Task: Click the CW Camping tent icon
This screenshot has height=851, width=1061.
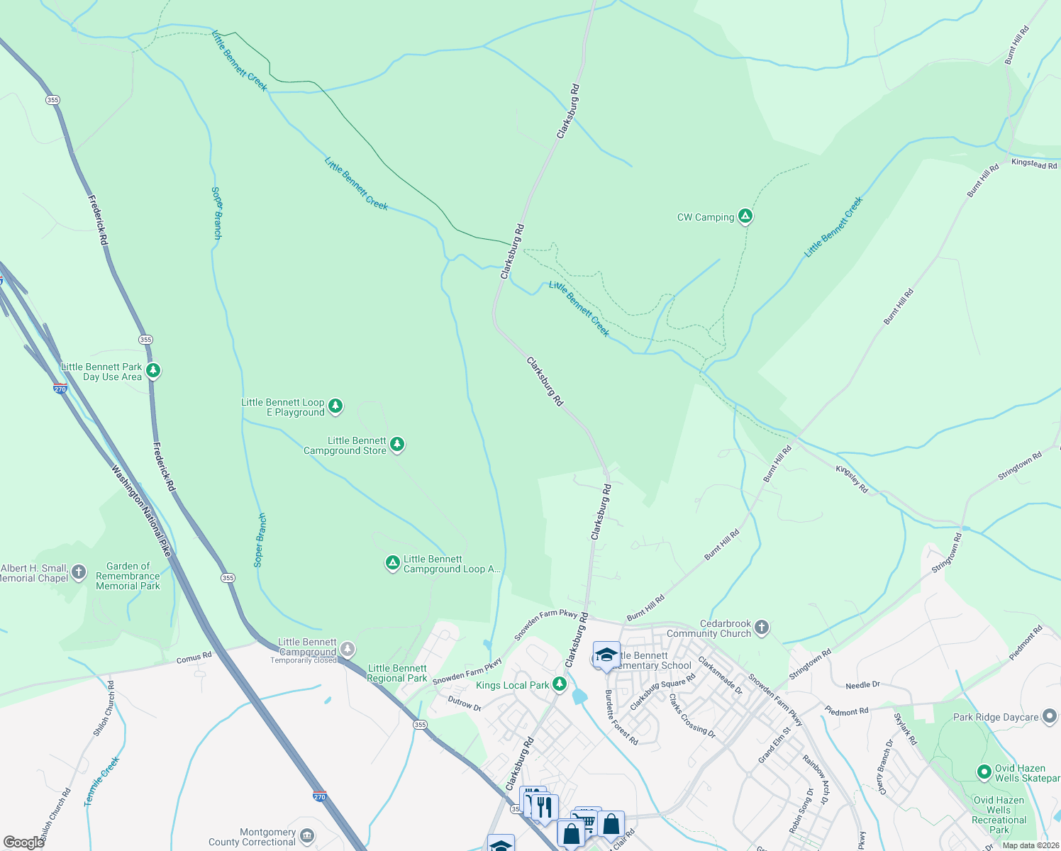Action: (x=745, y=216)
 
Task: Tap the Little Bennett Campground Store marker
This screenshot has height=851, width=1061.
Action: (x=397, y=444)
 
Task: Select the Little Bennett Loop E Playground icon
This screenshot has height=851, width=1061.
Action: (x=335, y=406)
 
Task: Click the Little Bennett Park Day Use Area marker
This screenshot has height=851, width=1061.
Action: (x=152, y=370)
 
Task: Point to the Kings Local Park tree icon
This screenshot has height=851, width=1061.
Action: (x=560, y=684)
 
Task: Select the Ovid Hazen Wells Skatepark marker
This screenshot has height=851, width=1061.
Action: (x=984, y=772)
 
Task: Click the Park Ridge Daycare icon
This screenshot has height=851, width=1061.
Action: (x=1050, y=716)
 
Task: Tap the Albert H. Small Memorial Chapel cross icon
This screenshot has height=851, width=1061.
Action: (x=79, y=572)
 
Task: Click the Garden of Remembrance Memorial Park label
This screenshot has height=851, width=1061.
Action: (x=128, y=576)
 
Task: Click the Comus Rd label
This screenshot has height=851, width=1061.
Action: (x=194, y=658)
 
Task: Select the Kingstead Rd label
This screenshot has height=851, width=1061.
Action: (x=1034, y=164)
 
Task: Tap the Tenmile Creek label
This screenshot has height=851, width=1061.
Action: (x=102, y=781)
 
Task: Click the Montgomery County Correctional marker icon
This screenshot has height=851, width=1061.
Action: (x=306, y=835)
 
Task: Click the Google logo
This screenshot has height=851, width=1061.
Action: (x=23, y=842)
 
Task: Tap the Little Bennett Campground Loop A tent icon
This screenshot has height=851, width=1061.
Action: (x=392, y=563)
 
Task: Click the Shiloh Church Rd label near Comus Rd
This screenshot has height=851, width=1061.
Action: (x=104, y=708)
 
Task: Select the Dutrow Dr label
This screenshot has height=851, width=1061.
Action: (x=465, y=703)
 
